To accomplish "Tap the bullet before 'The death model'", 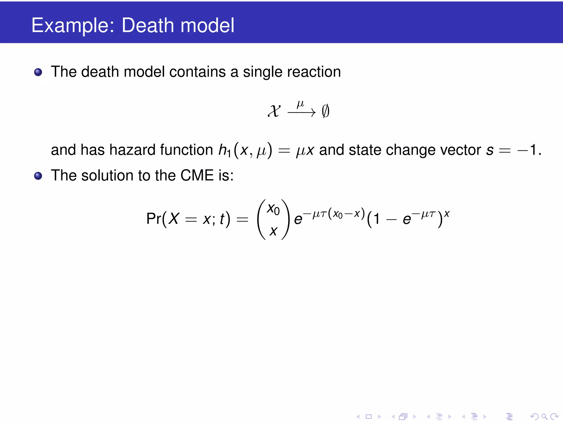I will (x=38, y=72).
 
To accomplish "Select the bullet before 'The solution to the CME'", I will (x=38, y=176).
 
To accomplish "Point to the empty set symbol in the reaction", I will (x=325, y=111).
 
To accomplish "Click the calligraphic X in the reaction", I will (x=274, y=111).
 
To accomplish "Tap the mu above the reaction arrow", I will (x=300, y=104).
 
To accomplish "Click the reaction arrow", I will (x=302, y=113).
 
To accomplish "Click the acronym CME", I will (x=197, y=176).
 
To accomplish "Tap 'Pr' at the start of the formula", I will (x=154, y=219).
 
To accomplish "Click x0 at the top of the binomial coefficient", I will (x=273, y=209).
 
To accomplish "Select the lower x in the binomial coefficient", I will (x=273, y=231).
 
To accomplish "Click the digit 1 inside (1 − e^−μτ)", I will (x=376, y=219).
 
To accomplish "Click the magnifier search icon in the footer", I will (x=544, y=417).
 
